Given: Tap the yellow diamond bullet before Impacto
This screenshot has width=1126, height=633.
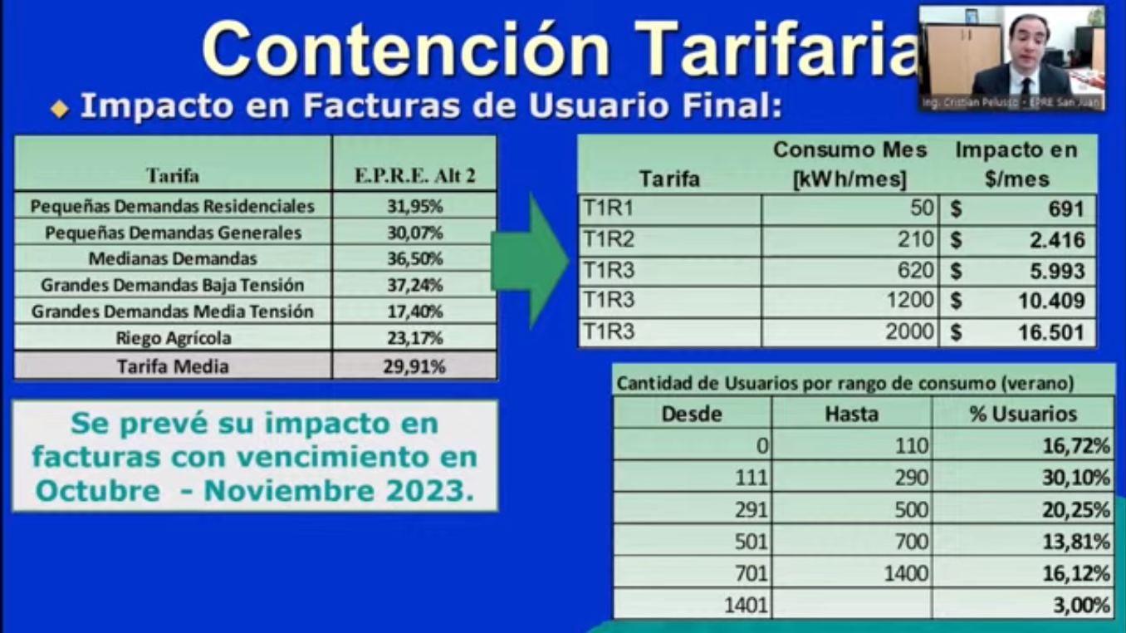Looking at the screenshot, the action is click(60, 109).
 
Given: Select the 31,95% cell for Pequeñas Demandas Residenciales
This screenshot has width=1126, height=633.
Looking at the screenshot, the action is click(414, 206).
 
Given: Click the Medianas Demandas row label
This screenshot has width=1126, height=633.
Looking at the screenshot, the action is click(173, 258).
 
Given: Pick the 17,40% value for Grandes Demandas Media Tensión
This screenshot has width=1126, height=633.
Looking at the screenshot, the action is click(414, 312).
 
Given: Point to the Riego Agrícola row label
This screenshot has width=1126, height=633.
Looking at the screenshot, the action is click(174, 338).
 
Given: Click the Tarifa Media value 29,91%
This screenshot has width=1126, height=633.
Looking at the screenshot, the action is click(414, 366).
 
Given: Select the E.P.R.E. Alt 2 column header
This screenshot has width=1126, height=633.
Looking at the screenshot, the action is click(414, 175).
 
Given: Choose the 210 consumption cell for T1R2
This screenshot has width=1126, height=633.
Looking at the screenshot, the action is click(916, 239).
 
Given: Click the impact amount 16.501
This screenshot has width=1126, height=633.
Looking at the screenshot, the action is click(1051, 332).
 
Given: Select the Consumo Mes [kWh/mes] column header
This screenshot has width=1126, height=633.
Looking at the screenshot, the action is click(850, 164).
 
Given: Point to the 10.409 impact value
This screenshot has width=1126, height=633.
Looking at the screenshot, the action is click(1051, 301).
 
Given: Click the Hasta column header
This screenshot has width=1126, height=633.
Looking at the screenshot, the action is click(851, 415).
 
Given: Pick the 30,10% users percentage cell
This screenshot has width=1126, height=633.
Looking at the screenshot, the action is click(1075, 478).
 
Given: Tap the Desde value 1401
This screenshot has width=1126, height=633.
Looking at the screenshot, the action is click(746, 605).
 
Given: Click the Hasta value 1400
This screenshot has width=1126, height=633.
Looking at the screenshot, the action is click(906, 573).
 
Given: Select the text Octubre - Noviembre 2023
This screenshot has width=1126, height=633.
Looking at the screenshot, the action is click(255, 490).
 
